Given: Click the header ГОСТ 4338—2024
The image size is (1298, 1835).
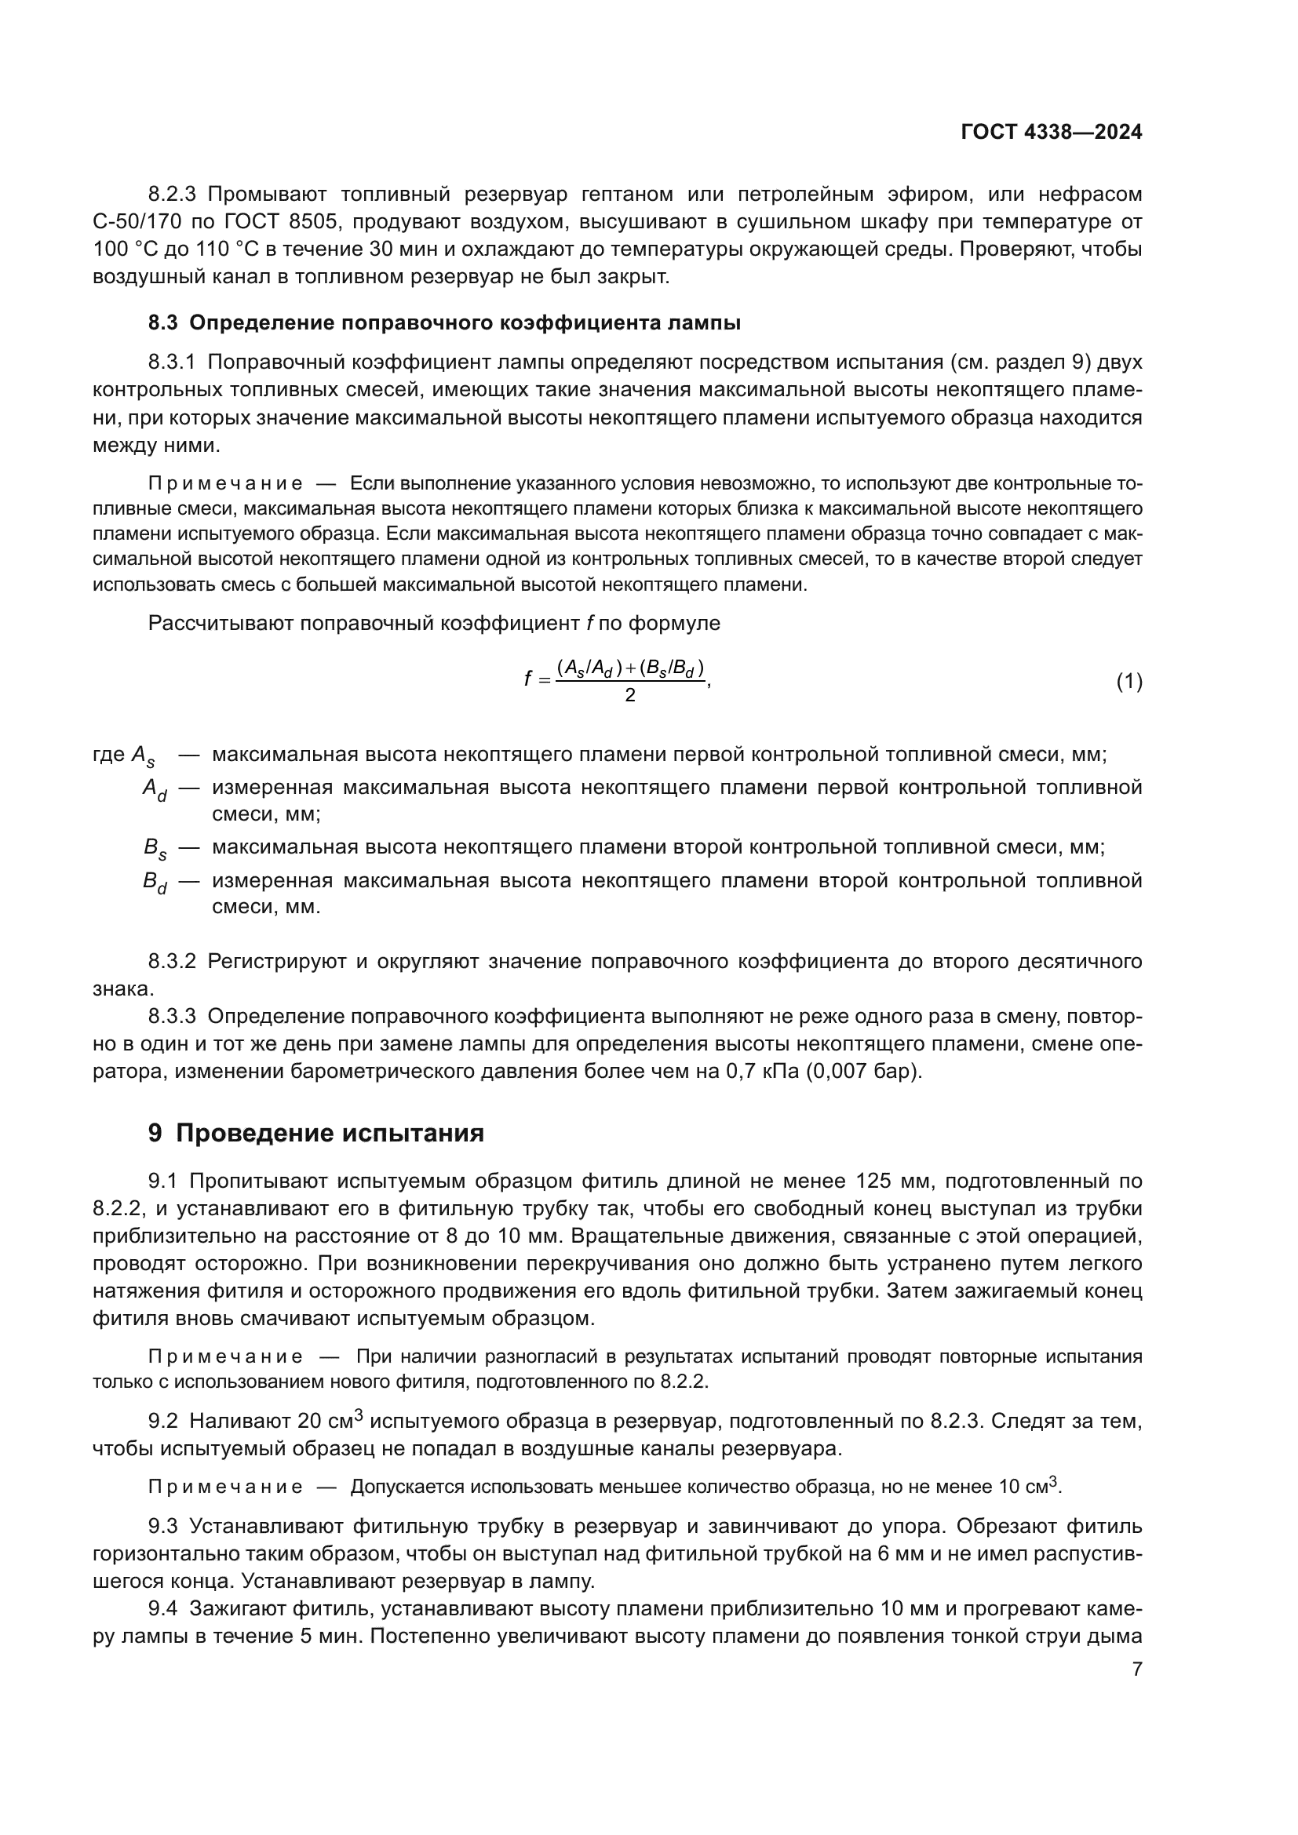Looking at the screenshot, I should (x=1051, y=132).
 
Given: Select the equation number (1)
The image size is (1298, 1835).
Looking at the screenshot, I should (x=1128, y=682).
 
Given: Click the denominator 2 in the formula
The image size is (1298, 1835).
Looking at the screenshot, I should (x=630, y=695).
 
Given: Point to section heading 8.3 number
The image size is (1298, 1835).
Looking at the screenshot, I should (x=163, y=323).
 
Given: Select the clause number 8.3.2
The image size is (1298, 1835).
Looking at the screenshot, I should (x=172, y=961).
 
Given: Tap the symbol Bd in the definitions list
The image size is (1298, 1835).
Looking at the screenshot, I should (x=155, y=883).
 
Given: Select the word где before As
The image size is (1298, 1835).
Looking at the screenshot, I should (x=110, y=755).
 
